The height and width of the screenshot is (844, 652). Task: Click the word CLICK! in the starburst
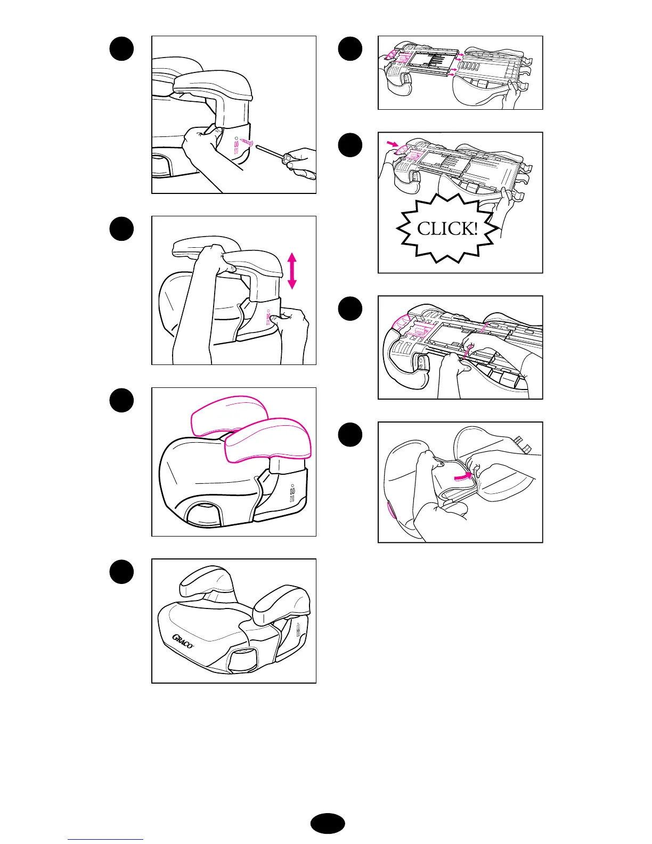coord(447,229)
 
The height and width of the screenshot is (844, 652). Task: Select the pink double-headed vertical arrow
coord(292,271)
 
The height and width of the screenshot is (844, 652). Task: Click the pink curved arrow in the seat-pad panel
coord(463,476)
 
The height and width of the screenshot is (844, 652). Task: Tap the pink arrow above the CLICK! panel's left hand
coord(393,144)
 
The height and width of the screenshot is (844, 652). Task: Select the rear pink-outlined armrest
coord(229,415)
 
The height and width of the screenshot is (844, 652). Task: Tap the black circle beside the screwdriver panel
coord(121,49)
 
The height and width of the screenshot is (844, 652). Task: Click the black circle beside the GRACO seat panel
coord(121,572)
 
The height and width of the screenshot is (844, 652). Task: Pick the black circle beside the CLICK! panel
coord(350,145)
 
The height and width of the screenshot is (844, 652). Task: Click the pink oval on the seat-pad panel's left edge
coord(391,509)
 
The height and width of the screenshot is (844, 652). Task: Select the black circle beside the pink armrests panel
coord(121,400)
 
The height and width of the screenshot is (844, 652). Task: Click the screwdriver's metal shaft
coord(270,151)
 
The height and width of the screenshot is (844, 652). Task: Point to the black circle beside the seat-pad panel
coord(350,434)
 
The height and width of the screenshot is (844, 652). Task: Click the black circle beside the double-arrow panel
coord(121,229)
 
